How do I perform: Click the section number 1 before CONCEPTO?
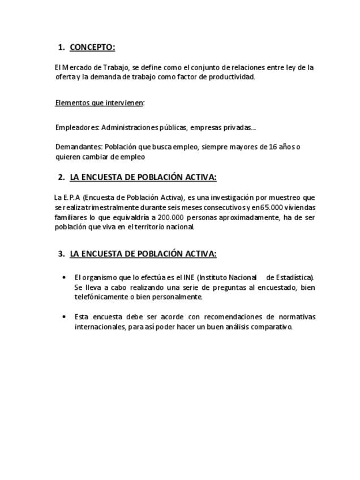[x=61, y=47]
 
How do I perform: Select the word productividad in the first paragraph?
[x=232, y=77]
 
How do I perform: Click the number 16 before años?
[x=273, y=147]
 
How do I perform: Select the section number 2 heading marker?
[x=61, y=177]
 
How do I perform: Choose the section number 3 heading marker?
[x=61, y=254]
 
